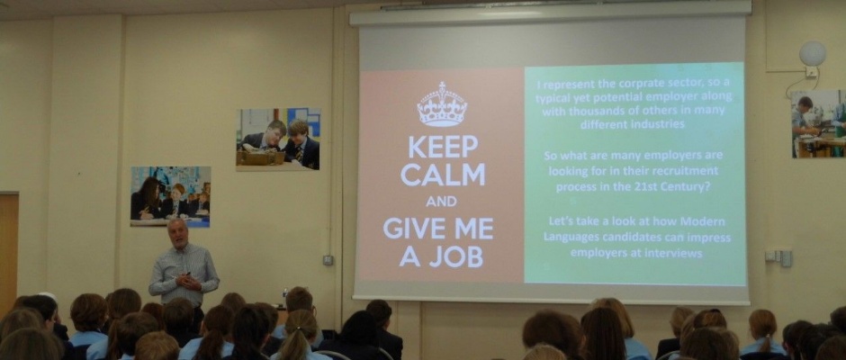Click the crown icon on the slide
[x=442, y=104]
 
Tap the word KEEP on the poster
[x=443, y=147]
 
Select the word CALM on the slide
[x=443, y=175]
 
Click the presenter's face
[x=176, y=232]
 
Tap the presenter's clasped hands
[x=188, y=281]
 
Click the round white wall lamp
[x=813, y=53]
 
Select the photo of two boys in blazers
[x=278, y=139]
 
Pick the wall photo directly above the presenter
[x=170, y=196]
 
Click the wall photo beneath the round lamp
[x=818, y=124]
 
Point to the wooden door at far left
[x=9, y=247]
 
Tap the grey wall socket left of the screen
[x=328, y=260]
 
